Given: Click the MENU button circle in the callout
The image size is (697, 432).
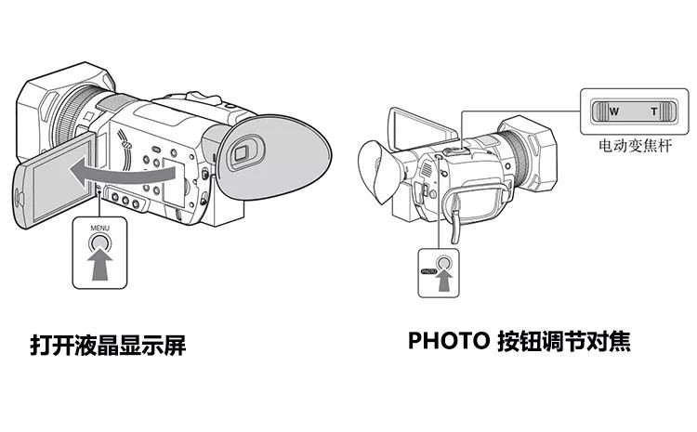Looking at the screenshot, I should click(99, 244).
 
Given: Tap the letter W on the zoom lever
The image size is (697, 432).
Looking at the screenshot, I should click(613, 111).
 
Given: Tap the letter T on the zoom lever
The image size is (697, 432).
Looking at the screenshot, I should click(653, 111).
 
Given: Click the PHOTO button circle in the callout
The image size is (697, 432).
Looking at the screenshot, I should click(444, 265).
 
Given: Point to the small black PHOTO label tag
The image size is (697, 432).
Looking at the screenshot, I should click(427, 272).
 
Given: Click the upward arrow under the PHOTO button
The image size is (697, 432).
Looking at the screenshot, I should click(444, 281).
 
